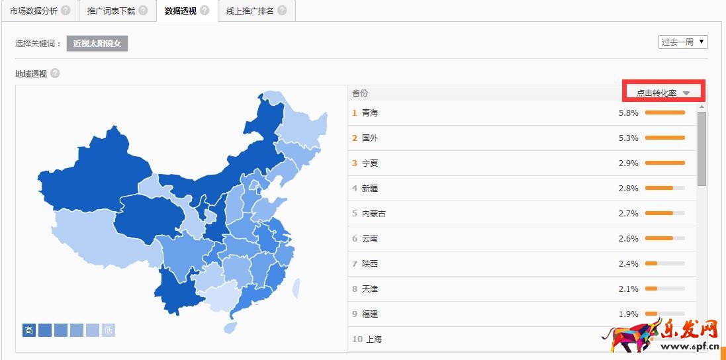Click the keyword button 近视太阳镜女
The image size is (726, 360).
pyautogui.click(x=97, y=44)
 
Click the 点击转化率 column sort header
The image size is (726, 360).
pyautogui.click(x=663, y=93)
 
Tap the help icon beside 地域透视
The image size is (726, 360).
pyautogui.click(x=55, y=73)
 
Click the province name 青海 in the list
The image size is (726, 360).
pyautogui.click(x=370, y=113)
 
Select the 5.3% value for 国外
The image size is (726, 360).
pyautogui.click(x=628, y=138)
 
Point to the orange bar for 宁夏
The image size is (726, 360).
pyautogui.click(x=664, y=163)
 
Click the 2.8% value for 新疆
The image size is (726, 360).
pyautogui.click(x=628, y=189)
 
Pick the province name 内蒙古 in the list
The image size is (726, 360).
pyautogui.click(x=374, y=214)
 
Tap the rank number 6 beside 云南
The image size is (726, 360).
pyautogui.click(x=355, y=239)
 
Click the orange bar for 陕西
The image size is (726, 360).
pyautogui.click(x=651, y=263)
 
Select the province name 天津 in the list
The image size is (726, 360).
pyautogui.click(x=370, y=289)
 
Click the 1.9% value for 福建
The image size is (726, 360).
pyautogui.click(x=628, y=314)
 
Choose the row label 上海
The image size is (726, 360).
pyautogui.click(x=372, y=339)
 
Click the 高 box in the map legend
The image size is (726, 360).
pyautogui.click(x=29, y=330)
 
